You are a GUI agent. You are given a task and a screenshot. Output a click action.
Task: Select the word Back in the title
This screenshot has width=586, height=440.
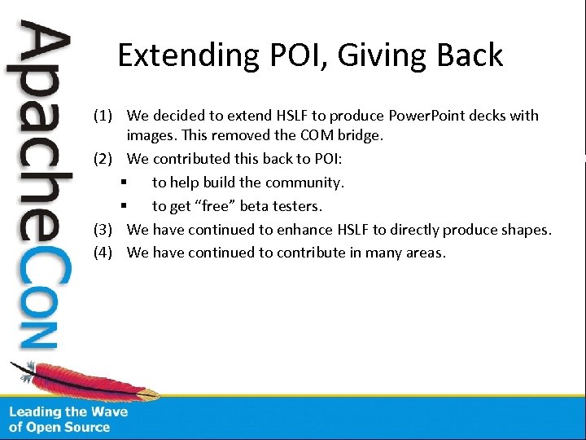click(470, 55)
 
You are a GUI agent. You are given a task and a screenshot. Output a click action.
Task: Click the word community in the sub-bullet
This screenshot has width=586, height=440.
click(303, 183)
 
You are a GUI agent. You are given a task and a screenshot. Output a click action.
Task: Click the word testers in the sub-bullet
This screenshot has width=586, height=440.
click(294, 206)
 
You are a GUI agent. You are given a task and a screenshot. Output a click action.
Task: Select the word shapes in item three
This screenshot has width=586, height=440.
click(526, 230)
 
